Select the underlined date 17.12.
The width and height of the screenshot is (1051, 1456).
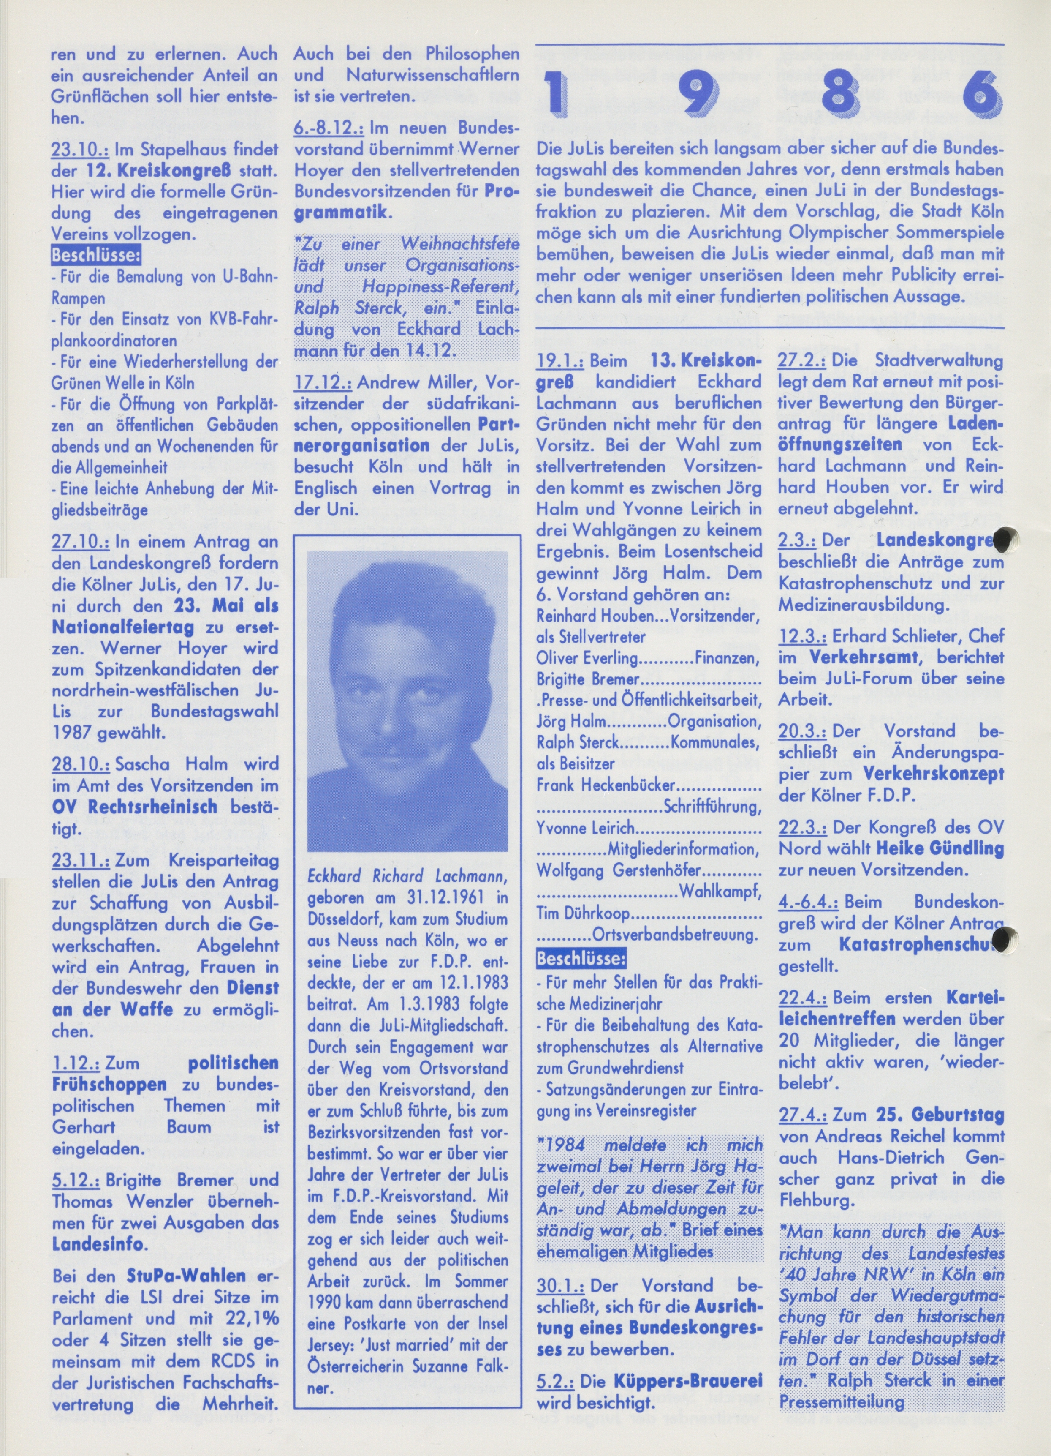pos(323,383)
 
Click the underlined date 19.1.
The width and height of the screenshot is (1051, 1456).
pos(559,361)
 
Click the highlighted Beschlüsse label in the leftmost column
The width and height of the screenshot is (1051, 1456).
pos(95,256)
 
